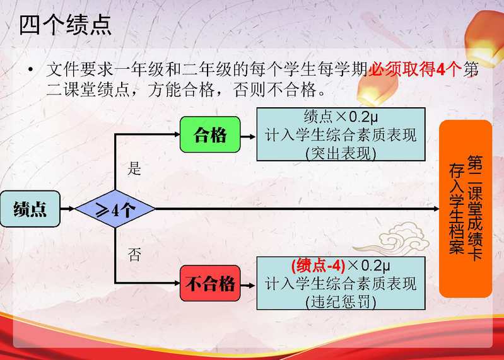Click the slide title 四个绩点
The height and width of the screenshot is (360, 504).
pyautogui.click(x=65, y=25)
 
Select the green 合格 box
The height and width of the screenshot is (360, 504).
pyautogui.click(x=210, y=134)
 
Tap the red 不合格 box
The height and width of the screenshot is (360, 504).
pyautogui.click(x=210, y=283)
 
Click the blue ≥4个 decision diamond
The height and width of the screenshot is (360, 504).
pyautogui.click(x=115, y=209)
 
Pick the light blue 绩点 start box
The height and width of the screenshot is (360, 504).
pyautogui.click(x=30, y=209)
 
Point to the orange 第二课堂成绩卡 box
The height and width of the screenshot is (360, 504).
pyautogui.click(x=466, y=209)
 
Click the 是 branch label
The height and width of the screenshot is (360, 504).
pyautogui.click(x=134, y=168)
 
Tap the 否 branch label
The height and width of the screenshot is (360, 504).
pyautogui.click(x=134, y=255)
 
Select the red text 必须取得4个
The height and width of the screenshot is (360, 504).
pyautogui.click(x=414, y=69)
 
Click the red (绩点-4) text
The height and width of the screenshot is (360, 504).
pyautogui.click(x=318, y=266)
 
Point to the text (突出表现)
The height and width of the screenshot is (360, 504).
pyautogui.click(x=341, y=153)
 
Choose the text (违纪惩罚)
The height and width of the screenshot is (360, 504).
pyautogui.click(x=341, y=302)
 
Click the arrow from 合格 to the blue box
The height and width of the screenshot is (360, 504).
pyautogui.click(x=248, y=137)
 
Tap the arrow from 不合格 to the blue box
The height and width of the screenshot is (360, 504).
pyautogui.click(x=248, y=286)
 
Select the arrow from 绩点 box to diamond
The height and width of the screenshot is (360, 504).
pyautogui.click(x=67, y=209)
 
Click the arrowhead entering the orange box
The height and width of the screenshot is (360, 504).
pyautogui.click(x=436, y=209)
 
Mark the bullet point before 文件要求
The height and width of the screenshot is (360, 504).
pyautogui.click(x=30, y=69)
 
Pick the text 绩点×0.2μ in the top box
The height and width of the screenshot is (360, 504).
pyautogui.click(x=341, y=117)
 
